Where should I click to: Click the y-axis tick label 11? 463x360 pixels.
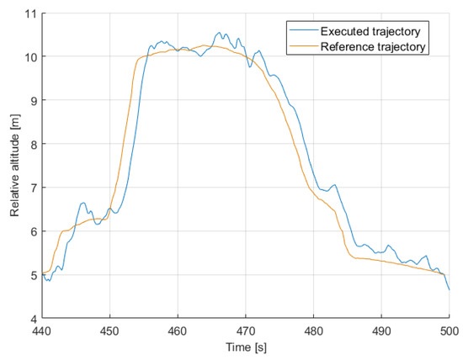coord(30,13)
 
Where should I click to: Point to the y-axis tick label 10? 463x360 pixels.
coord(30,57)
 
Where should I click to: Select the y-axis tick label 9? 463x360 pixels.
coord(34,101)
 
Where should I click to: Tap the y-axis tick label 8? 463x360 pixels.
coord(34,145)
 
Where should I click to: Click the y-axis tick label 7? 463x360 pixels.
coord(34,188)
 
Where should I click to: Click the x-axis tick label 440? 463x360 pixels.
coord(42,331)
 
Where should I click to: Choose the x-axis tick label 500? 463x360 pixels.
coord(449,331)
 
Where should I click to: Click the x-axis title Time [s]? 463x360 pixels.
coord(245,346)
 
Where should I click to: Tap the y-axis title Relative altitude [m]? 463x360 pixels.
coord(14,167)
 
